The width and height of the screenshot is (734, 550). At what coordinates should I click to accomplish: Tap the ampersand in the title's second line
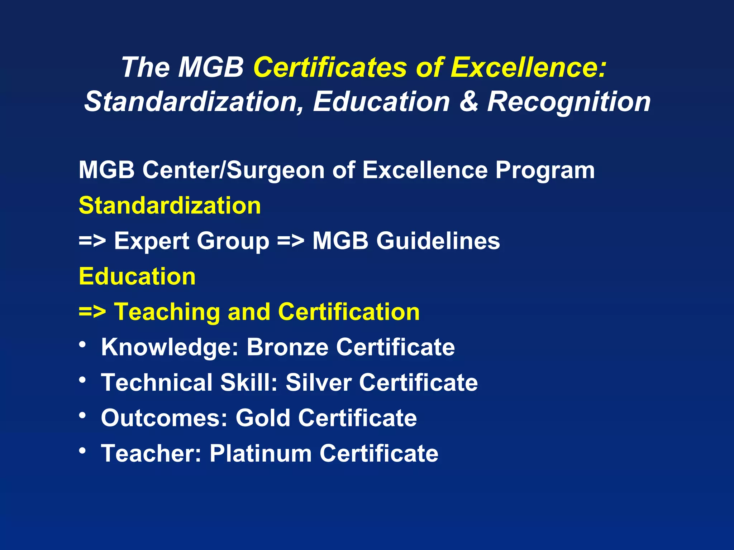click(x=468, y=102)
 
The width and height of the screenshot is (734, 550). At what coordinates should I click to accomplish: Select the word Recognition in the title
click(x=569, y=102)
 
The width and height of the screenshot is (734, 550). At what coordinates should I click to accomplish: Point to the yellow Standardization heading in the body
click(x=170, y=206)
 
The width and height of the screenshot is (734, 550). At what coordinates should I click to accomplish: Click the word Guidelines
click(x=438, y=241)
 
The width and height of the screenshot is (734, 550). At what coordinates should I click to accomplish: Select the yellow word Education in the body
click(x=137, y=276)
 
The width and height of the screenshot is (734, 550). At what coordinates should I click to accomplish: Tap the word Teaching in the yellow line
click(x=167, y=312)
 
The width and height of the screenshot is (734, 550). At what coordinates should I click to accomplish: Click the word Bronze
click(x=287, y=347)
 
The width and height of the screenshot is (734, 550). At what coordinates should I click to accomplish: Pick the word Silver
click(x=318, y=382)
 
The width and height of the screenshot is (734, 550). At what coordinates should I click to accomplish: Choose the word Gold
click(x=263, y=418)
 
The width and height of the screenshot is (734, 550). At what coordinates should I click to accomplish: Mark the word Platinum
click(x=261, y=453)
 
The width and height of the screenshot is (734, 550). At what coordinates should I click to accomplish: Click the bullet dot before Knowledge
click(x=83, y=345)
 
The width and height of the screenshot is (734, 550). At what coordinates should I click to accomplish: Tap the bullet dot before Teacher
click(x=83, y=451)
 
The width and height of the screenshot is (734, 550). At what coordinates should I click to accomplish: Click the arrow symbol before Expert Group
click(x=92, y=241)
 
